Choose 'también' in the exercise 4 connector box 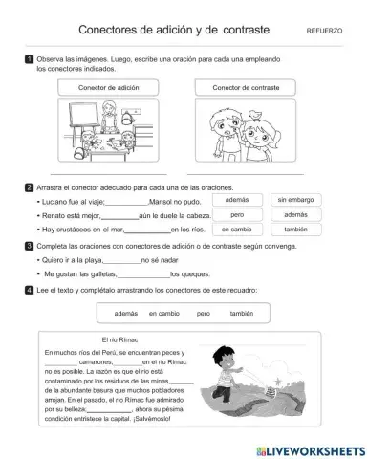[x=244, y=313]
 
